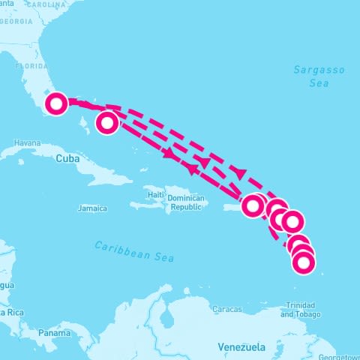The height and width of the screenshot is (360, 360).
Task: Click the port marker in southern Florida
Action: click(x=56, y=103)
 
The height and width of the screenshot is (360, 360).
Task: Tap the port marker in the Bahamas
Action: click(x=108, y=122)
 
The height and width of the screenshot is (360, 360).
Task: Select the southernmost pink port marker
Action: click(x=303, y=262)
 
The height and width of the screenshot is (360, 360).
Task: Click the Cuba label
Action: click(x=67, y=158)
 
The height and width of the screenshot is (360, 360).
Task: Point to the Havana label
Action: click(x=26, y=142)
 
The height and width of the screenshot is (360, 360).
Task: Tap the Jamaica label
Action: click(x=92, y=208)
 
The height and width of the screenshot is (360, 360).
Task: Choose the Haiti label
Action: click(x=156, y=195)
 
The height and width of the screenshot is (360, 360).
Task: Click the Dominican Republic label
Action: click(x=185, y=202)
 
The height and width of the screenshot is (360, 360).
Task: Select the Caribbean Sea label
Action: click(x=134, y=251)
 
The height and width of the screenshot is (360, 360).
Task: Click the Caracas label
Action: click(x=227, y=309)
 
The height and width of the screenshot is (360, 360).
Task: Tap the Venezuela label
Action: click(x=241, y=347)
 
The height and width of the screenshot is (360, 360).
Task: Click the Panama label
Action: click(x=55, y=332)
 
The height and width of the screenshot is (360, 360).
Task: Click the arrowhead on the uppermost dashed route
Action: click(x=240, y=172)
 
